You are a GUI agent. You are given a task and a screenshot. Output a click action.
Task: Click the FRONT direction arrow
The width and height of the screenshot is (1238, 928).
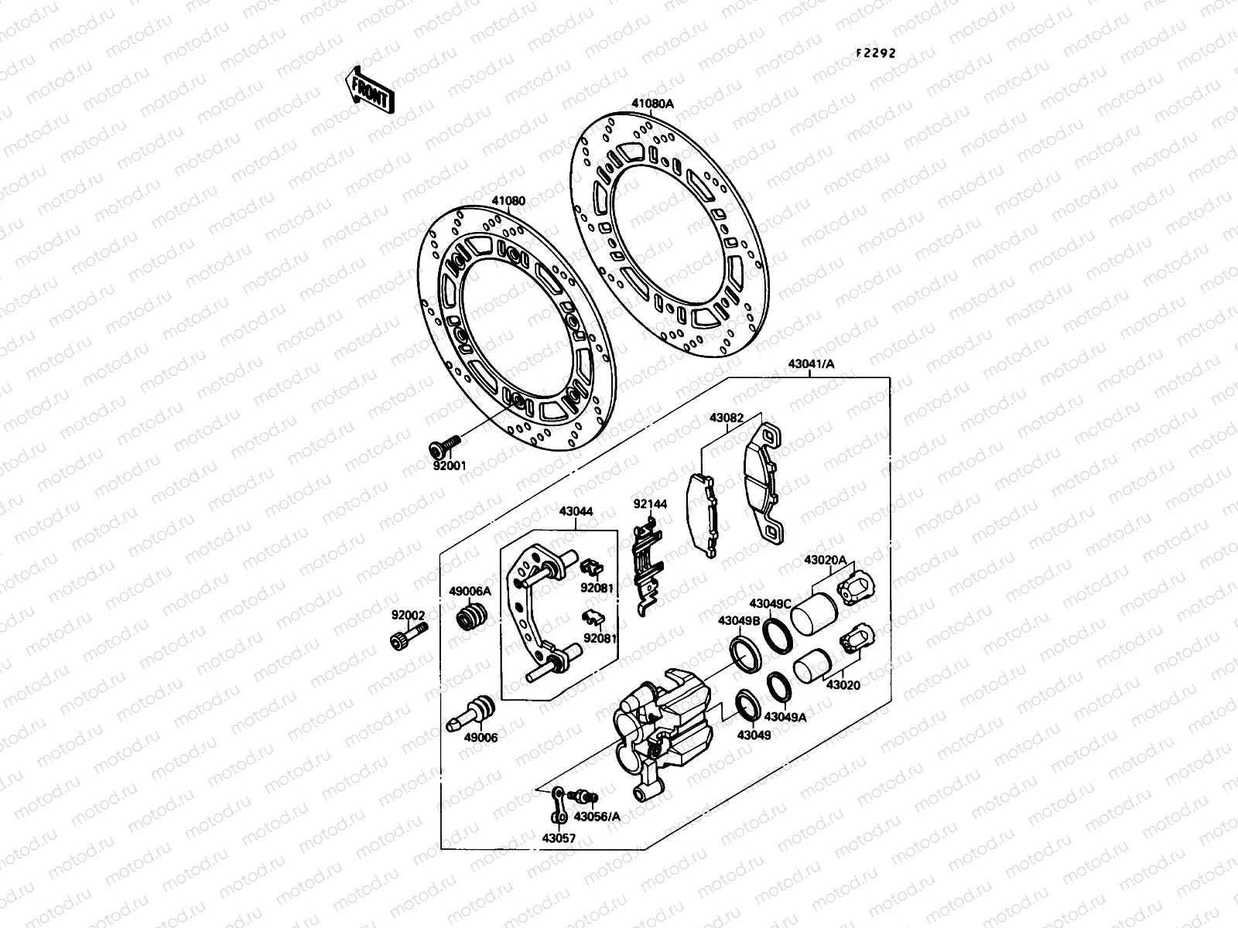click(370, 89)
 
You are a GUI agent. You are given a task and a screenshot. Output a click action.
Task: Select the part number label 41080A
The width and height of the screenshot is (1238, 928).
click(652, 103)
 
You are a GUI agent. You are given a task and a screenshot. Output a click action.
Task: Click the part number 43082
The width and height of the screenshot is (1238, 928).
click(727, 418)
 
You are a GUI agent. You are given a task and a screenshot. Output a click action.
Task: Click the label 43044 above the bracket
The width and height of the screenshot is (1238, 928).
click(576, 512)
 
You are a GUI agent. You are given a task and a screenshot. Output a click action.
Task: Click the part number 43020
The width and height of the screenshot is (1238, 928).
click(843, 685)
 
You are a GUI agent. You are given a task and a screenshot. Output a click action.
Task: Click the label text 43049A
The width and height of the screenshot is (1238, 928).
click(787, 717)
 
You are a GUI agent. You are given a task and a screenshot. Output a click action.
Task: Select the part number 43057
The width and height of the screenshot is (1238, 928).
click(558, 838)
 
